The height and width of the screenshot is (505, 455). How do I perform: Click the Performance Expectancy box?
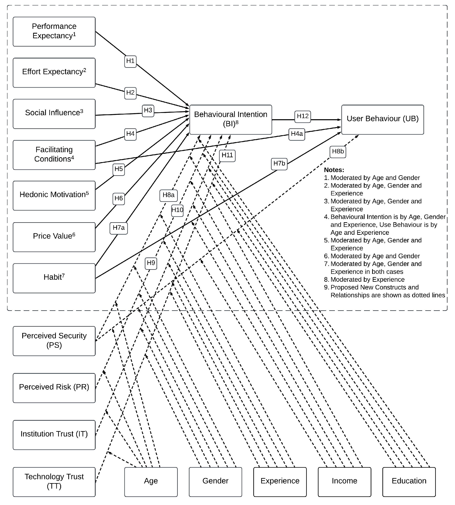click(x=54, y=32)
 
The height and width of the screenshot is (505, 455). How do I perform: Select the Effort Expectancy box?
click(x=54, y=73)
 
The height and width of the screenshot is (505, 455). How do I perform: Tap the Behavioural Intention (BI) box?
click(x=231, y=120)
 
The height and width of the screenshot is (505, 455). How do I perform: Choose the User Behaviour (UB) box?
click(x=382, y=119)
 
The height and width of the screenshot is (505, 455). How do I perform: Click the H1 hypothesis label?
click(x=130, y=61)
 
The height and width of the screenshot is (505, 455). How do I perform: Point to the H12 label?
click(x=303, y=117)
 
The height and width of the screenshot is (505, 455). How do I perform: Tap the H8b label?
click(x=338, y=152)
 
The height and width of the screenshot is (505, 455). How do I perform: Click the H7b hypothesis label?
click(x=279, y=164)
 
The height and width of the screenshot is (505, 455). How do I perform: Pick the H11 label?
click(x=227, y=156)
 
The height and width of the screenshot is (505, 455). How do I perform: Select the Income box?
click(x=344, y=482)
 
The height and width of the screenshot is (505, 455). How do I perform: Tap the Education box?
click(x=409, y=482)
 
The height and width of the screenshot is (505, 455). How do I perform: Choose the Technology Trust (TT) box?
click(x=54, y=482)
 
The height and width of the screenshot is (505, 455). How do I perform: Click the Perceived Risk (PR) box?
click(x=54, y=388)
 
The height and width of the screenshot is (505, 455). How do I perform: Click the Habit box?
click(x=54, y=278)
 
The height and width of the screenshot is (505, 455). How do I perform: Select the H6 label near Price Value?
click(x=119, y=199)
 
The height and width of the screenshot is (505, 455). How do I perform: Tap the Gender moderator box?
click(x=215, y=482)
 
